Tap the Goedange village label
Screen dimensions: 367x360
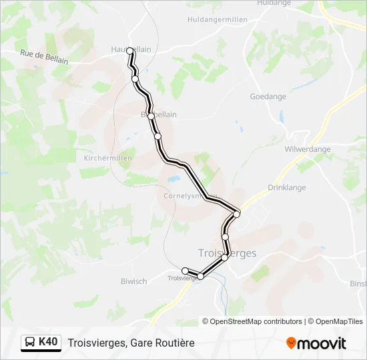[x=268, y=97]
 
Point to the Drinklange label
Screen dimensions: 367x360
[x=286, y=188]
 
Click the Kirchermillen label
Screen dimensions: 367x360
[x=108, y=158]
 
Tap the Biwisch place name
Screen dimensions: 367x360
[x=134, y=281]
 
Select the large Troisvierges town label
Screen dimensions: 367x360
[x=228, y=253]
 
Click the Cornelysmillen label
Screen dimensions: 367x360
[x=187, y=196]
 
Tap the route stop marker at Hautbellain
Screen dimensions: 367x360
[x=131, y=51]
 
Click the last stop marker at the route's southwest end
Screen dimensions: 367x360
[x=186, y=271]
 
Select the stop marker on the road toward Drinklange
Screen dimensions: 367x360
[x=237, y=213]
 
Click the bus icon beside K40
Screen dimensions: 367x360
[x=30, y=343]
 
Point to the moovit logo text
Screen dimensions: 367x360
[x=322, y=343]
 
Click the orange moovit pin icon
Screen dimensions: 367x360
[x=291, y=343]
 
